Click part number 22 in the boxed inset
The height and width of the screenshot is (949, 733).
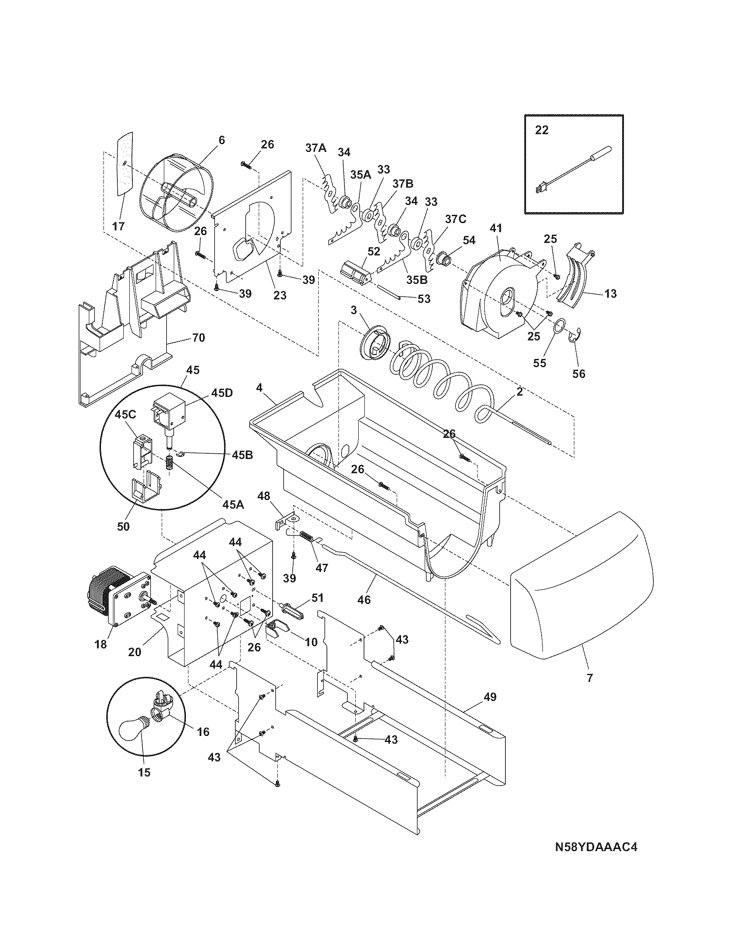[x=542, y=130]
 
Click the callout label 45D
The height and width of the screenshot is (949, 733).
[x=222, y=393]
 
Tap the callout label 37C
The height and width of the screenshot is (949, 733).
[x=454, y=220]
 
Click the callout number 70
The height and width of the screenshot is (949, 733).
[x=198, y=337]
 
